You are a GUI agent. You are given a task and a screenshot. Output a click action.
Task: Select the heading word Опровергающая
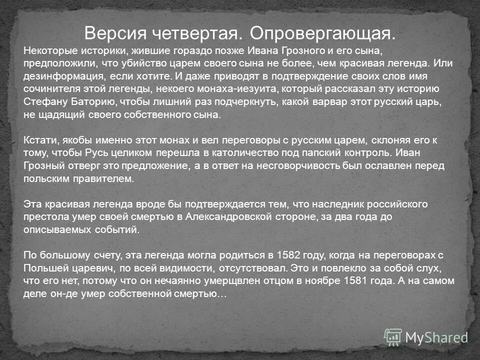coord(322,33)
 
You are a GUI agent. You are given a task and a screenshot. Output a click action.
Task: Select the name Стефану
coord(43,102)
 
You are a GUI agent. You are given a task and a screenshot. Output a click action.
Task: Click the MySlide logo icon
coord(393,337)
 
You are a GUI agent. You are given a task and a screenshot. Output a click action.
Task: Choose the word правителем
coord(108,178)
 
